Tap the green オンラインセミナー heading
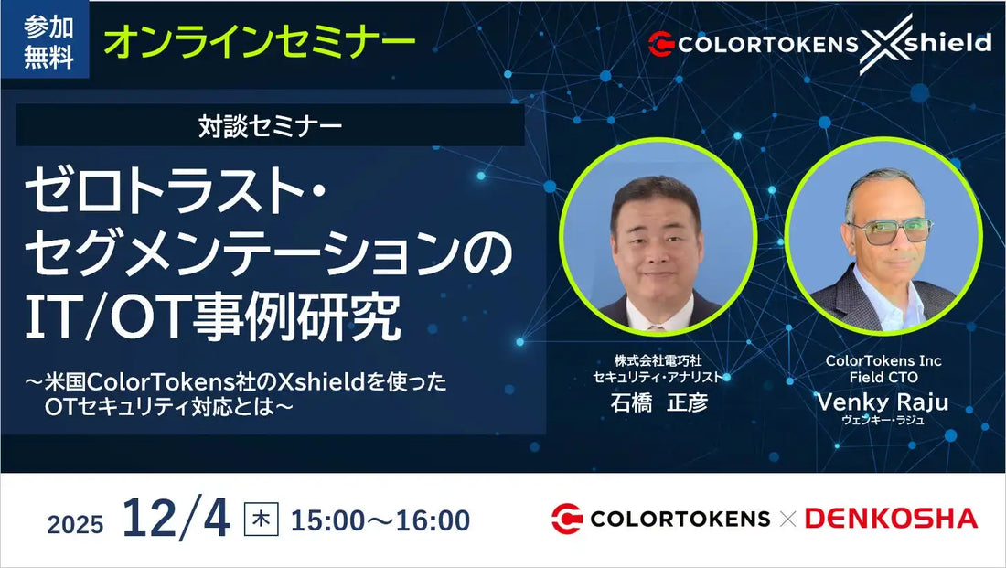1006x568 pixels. point(259,40)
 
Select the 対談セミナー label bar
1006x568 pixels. point(270,125)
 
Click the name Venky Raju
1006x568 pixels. point(883,402)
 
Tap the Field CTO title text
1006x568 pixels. point(883,377)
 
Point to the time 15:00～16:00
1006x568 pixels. point(380,520)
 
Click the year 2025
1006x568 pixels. point(75,524)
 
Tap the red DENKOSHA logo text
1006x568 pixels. point(891,519)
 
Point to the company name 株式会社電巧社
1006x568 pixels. point(658,360)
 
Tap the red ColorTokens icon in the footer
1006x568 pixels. point(567,519)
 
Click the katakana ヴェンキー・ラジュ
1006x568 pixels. point(883,421)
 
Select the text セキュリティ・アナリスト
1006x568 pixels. point(658,377)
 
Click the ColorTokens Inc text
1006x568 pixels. point(883,360)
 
